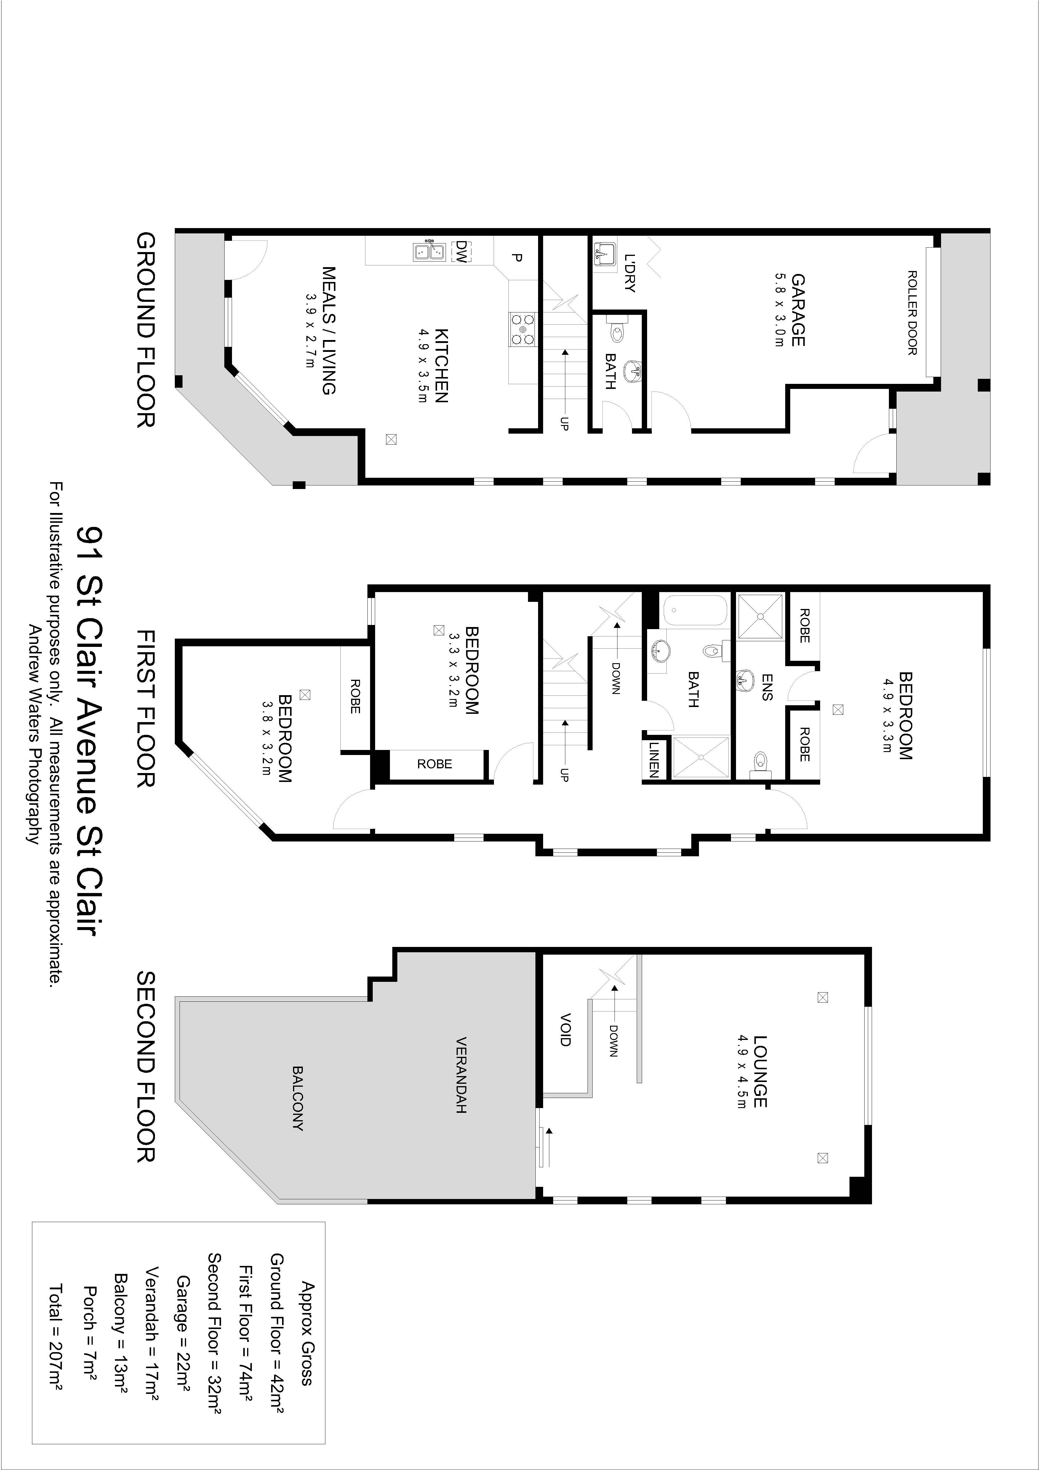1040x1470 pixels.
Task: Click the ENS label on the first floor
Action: (767, 687)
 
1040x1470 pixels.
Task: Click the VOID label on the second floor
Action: (565, 1030)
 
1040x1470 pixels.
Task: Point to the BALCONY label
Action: (298, 1098)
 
